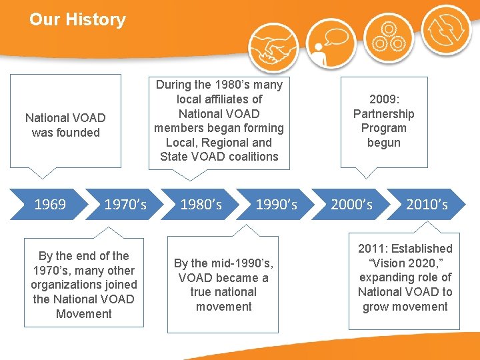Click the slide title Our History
point(77,19)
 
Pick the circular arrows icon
point(445,30)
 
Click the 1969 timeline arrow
point(50,204)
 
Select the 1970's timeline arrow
point(125,204)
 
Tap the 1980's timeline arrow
point(201,204)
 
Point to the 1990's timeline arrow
point(276,204)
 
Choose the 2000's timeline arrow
point(351,204)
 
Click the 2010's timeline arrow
point(427,204)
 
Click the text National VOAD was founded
point(65,125)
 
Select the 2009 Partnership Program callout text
point(383,121)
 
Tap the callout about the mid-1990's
point(223,285)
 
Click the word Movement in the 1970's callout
point(84,314)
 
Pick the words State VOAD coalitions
point(219,157)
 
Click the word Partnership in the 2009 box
point(383,114)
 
